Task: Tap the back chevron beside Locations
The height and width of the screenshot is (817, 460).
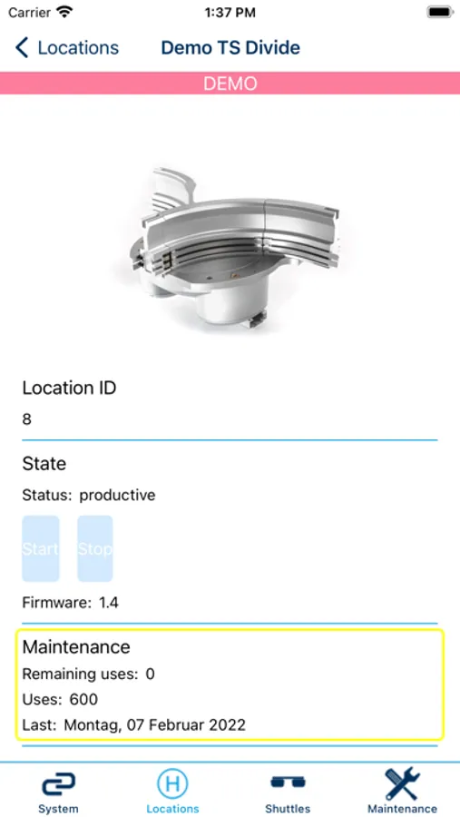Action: [x=22, y=47]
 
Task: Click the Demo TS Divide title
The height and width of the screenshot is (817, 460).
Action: [x=230, y=47]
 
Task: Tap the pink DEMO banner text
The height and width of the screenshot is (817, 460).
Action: [x=230, y=84]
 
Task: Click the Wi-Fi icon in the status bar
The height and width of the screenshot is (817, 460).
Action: [x=64, y=12]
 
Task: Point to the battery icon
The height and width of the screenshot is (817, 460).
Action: [x=440, y=12]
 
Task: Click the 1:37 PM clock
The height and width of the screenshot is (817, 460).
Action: [x=230, y=13]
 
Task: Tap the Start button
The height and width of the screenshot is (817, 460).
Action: [x=41, y=548]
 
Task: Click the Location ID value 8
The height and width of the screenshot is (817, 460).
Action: [x=26, y=419]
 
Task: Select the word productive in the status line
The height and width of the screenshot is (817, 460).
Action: [x=117, y=496]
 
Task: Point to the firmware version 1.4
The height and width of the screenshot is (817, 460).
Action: [x=109, y=603]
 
